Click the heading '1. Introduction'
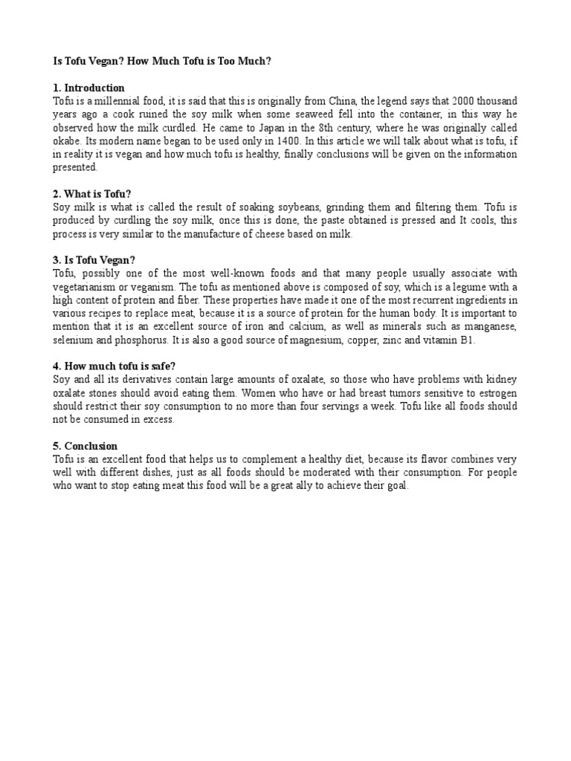pos(88,88)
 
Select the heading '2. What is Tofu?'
pos(92,195)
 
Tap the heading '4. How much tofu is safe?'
pos(114,366)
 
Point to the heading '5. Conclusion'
pos(86,446)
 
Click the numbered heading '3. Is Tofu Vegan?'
pos(94,261)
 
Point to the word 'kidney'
pos(500,379)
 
